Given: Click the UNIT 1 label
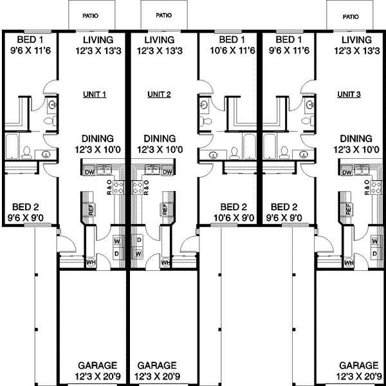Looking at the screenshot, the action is (x=95, y=95).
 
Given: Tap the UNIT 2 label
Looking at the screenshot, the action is (x=159, y=95).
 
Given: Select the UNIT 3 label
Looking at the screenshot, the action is (x=349, y=95).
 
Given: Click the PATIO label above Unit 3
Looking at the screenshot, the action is (x=351, y=17).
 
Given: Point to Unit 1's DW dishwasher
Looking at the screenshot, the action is (x=89, y=172).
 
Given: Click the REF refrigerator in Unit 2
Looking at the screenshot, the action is (x=165, y=209).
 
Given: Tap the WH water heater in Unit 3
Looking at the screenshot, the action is (x=349, y=263).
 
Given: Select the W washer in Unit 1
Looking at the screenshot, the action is (x=117, y=241).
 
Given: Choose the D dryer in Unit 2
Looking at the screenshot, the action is (x=139, y=240).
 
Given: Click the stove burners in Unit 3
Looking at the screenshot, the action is (x=376, y=188).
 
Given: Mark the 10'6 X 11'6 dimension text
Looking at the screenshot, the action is (x=233, y=51).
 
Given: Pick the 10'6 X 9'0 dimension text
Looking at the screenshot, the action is (x=234, y=218).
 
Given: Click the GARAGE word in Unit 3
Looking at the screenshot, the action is (x=358, y=365).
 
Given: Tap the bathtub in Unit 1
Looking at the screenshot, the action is (x=12, y=147).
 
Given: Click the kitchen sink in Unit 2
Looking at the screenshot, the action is (x=153, y=170).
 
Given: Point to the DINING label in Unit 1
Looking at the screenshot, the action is (x=98, y=138).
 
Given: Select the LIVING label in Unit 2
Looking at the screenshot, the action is (x=160, y=40).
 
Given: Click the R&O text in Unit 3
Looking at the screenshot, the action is (x=367, y=188).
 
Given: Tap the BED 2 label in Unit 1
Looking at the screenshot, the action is (x=26, y=207).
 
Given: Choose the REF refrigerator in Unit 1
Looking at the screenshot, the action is (x=91, y=209).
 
